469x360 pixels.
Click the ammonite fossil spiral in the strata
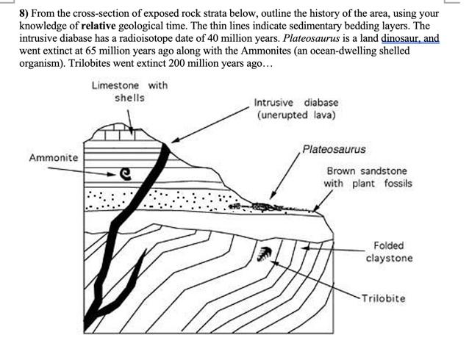[x=126, y=174]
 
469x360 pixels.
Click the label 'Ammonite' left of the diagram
[x=54, y=158]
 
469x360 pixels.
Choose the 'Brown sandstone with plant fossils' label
[x=368, y=177]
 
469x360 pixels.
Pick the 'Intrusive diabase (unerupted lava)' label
[x=296, y=109]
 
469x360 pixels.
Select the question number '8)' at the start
[x=26, y=14]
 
